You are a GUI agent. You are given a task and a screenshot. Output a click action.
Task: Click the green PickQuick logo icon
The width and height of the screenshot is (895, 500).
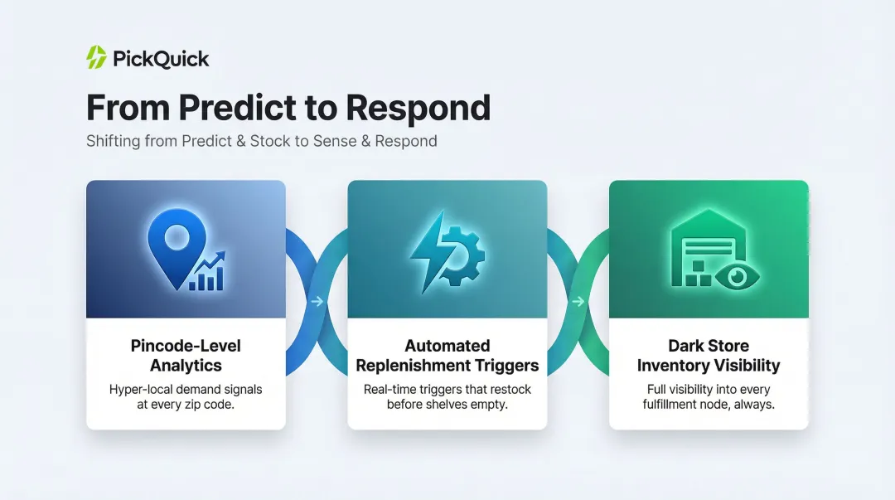(x=97, y=58)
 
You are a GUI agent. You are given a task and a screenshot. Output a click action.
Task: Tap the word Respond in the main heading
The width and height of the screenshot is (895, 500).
(x=418, y=109)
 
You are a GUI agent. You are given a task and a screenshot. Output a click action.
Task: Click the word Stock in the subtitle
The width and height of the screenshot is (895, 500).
(x=255, y=141)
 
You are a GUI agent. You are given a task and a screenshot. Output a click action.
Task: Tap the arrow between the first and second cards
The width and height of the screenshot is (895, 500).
(x=317, y=302)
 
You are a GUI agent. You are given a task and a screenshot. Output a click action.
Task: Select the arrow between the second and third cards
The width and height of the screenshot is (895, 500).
(x=578, y=302)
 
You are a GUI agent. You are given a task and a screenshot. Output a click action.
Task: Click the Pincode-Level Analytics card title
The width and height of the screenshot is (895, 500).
(x=186, y=356)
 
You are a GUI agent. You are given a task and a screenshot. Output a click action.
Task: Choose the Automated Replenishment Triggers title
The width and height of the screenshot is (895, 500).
(x=447, y=356)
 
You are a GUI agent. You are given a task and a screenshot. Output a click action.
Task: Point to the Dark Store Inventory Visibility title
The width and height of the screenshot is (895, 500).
(x=709, y=356)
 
